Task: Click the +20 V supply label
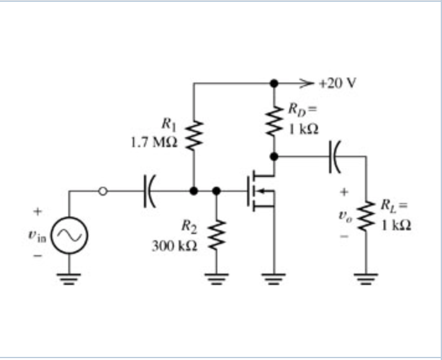click(338, 83)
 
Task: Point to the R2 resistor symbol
click(217, 235)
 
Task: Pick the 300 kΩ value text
click(174, 246)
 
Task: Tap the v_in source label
click(36, 235)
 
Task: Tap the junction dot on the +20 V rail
click(273, 83)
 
